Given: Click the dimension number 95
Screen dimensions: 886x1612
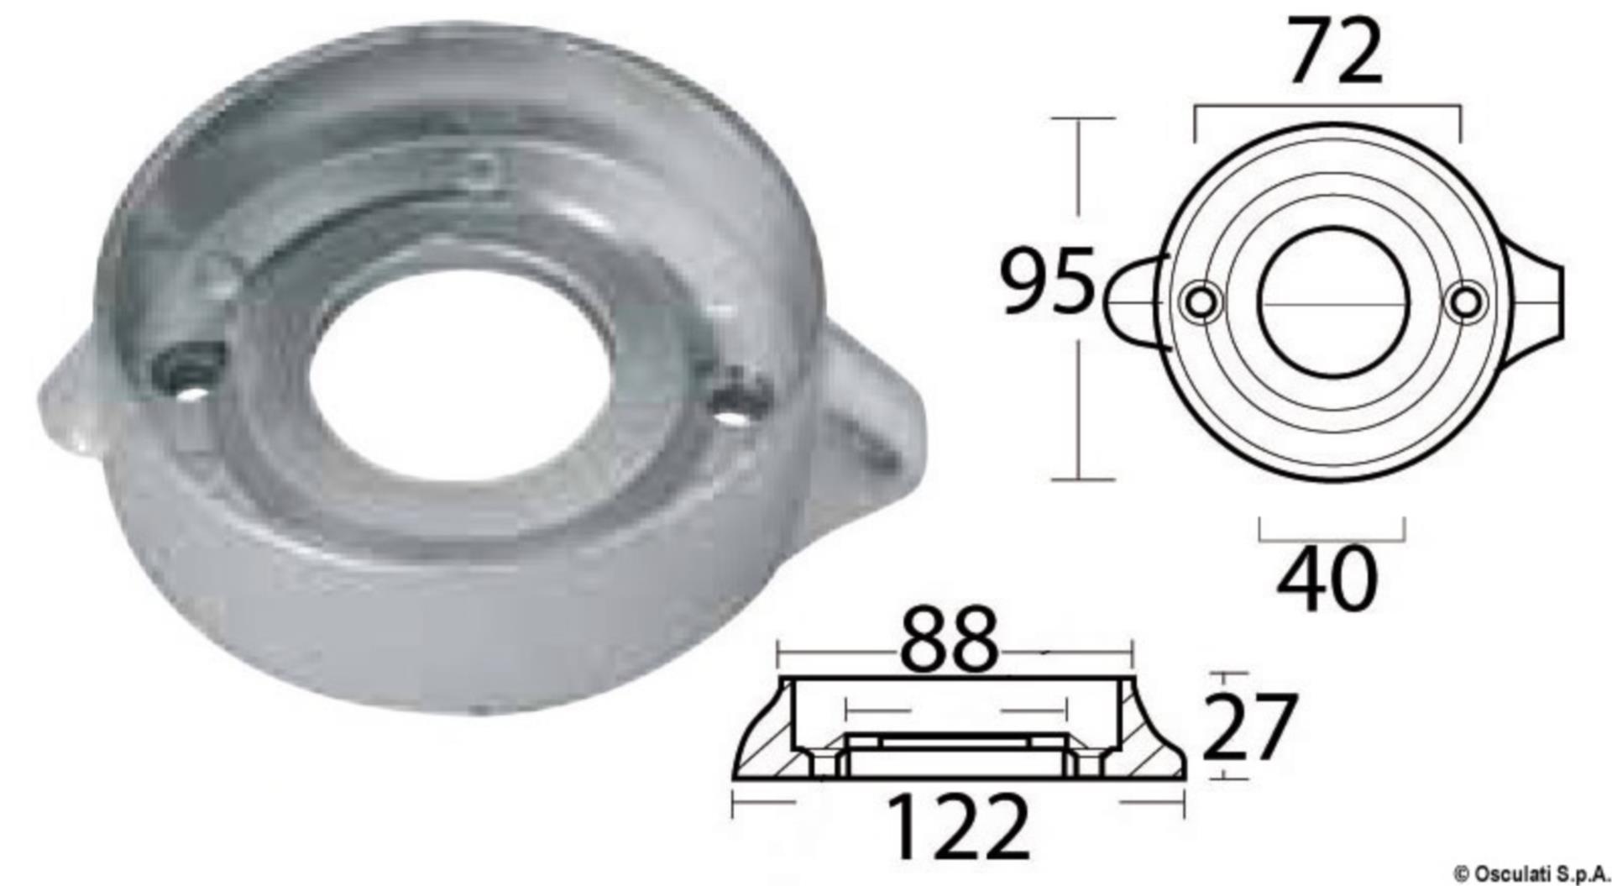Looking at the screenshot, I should coord(1049,281).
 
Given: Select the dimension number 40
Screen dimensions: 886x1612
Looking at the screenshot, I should coord(1327,579).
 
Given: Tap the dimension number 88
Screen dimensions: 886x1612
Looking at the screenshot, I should coord(949,642).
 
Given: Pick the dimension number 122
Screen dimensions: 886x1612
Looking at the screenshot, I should coord(957,827).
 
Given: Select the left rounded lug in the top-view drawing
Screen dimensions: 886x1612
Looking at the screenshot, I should coord(1133,301).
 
